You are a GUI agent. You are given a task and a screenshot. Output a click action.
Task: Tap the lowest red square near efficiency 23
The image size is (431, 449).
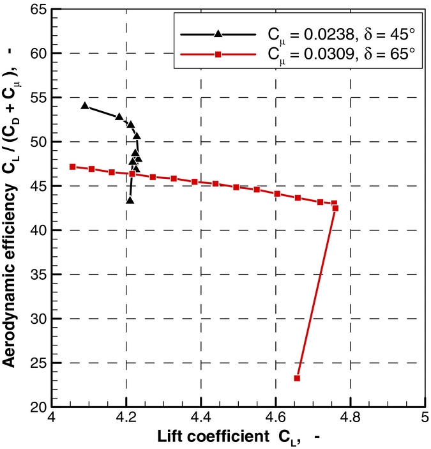[297, 378]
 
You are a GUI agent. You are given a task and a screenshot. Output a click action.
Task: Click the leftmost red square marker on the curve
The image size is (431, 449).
[72, 167]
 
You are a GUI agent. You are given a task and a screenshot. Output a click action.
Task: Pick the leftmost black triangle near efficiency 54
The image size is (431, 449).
[85, 105]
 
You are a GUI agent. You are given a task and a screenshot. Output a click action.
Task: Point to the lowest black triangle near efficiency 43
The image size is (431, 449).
[130, 200]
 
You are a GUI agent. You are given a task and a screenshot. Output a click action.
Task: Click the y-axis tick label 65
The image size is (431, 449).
[36, 10]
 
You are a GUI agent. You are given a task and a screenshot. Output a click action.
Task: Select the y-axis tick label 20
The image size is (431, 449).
[36, 407]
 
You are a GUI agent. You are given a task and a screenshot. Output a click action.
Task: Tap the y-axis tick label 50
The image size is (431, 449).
[36, 142]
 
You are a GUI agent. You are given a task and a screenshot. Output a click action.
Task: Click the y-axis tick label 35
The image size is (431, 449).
[36, 275]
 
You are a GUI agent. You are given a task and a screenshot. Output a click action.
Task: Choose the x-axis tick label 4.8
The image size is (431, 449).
[350, 420]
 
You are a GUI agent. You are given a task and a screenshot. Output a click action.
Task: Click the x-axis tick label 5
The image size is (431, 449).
[423, 420]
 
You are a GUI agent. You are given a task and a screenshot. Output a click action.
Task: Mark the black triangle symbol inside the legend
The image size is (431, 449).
[218, 33]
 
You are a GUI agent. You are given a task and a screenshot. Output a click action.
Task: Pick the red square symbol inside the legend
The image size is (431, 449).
[218, 55]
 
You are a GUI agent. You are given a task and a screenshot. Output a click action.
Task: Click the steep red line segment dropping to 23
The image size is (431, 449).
[316, 293]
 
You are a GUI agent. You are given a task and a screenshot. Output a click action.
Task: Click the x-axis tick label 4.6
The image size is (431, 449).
[275, 420]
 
